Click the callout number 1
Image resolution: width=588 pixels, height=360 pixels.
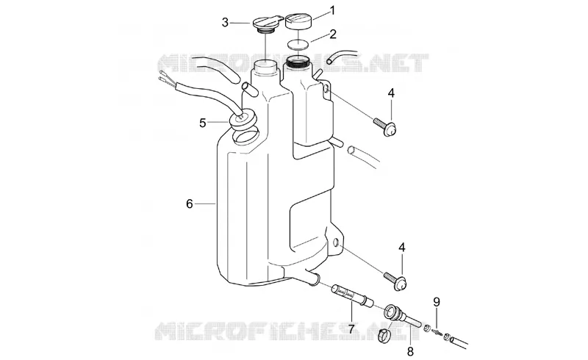(x=332, y=10)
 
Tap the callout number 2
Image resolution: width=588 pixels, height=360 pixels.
(x=333, y=34)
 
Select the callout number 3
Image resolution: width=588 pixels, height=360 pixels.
(x=225, y=23)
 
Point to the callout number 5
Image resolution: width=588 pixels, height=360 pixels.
(x=203, y=123)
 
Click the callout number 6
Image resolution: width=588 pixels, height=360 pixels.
(x=190, y=204)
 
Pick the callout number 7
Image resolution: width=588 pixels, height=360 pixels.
(x=351, y=329)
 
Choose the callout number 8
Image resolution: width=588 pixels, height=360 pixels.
(x=410, y=351)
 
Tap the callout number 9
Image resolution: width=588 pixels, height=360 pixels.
(x=437, y=302)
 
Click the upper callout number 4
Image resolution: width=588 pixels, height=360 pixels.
(x=391, y=93)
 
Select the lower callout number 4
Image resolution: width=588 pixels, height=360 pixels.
(x=402, y=248)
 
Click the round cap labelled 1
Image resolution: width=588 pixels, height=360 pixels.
(x=299, y=21)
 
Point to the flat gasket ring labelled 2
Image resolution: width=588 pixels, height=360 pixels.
(x=298, y=45)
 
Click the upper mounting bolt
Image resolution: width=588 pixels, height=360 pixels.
(x=385, y=125)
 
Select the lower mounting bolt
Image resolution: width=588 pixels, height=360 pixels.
(x=395, y=281)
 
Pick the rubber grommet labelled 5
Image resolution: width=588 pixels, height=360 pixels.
(x=243, y=118)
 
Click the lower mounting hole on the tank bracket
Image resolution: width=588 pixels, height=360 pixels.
(x=336, y=244)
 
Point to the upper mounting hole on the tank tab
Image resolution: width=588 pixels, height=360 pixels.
(x=326, y=90)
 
